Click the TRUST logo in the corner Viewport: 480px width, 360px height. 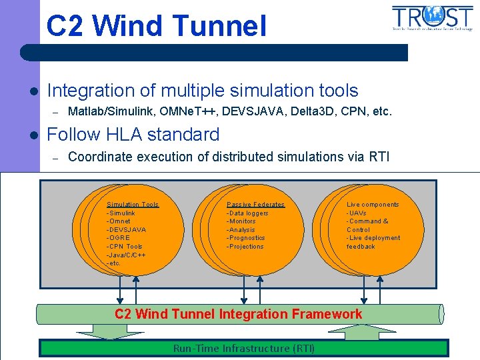tap(433, 18)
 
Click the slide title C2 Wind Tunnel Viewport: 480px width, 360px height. tap(156, 27)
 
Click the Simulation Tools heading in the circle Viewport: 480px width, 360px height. tap(133, 205)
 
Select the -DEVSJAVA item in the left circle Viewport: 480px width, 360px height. tap(126, 230)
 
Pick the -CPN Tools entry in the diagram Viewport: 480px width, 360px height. tap(125, 247)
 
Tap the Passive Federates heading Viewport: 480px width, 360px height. tap(255, 205)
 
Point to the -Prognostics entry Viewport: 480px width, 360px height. tap(245, 238)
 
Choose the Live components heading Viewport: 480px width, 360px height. tap(373, 205)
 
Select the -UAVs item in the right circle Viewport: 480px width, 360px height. tap(356, 213)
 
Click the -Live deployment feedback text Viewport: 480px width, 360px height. tap(373, 242)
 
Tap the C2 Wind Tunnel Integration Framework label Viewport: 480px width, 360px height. tap(239, 314)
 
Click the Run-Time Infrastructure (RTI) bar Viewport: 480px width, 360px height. tap(244, 348)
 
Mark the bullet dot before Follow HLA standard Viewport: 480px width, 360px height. tap(32, 135)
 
